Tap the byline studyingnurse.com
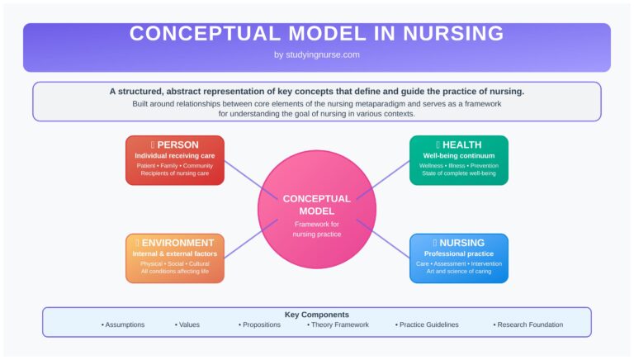click(x=317, y=54)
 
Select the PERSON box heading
click(x=177, y=144)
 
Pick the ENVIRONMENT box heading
click(x=177, y=243)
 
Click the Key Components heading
click(x=317, y=315)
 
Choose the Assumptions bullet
click(x=123, y=325)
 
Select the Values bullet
click(x=187, y=325)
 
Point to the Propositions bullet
click(x=260, y=325)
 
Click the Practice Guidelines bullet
click(x=427, y=325)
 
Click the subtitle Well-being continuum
click(x=459, y=155)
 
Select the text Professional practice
click(x=459, y=253)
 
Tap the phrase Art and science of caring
click(x=459, y=272)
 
